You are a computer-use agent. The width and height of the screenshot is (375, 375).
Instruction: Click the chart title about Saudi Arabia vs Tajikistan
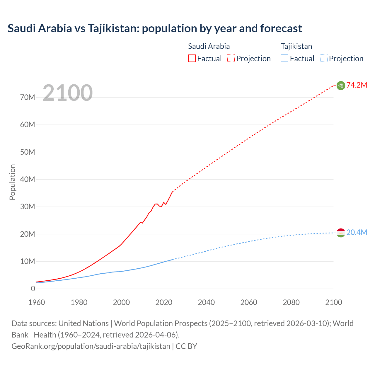click(x=155, y=28)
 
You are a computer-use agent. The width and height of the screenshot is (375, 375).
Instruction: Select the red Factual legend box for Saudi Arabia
click(x=192, y=58)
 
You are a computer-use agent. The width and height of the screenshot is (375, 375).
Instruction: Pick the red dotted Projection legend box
click(x=231, y=58)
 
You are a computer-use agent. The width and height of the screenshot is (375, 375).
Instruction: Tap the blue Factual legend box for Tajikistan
click(x=284, y=58)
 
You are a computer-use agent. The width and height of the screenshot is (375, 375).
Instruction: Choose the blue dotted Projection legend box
click(x=324, y=58)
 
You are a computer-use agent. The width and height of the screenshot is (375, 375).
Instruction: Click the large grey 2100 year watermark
click(x=68, y=93)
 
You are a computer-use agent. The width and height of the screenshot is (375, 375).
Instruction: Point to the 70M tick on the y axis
click(x=28, y=97)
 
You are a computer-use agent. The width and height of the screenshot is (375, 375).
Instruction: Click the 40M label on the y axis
click(x=28, y=179)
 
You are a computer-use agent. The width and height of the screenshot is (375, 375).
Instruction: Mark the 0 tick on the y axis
click(x=33, y=289)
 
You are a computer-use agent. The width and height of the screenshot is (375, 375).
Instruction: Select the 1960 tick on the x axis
click(x=37, y=302)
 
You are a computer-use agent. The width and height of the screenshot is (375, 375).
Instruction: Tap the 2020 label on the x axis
click(x=164, y=302)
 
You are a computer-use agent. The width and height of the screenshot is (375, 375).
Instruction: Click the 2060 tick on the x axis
click(x=249, y=302)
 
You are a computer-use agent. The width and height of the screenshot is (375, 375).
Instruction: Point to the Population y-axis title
click(x=12, y=182)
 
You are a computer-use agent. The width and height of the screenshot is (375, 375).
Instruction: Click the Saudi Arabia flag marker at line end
click(x=341, y=86)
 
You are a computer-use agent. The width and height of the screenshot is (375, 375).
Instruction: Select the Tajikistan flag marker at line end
click(x=341, y=233)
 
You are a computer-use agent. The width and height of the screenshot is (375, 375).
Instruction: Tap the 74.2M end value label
click(x=357, y=85)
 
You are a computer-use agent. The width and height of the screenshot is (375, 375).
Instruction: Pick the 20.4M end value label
click(x=357, y=232)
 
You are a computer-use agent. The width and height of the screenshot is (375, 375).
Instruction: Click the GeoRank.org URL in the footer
click(x=91, y=346)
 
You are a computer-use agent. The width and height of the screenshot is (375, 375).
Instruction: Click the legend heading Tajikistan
click(x=296, y=46)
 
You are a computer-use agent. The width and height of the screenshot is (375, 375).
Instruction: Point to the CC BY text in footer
click(x=186, y=346)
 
